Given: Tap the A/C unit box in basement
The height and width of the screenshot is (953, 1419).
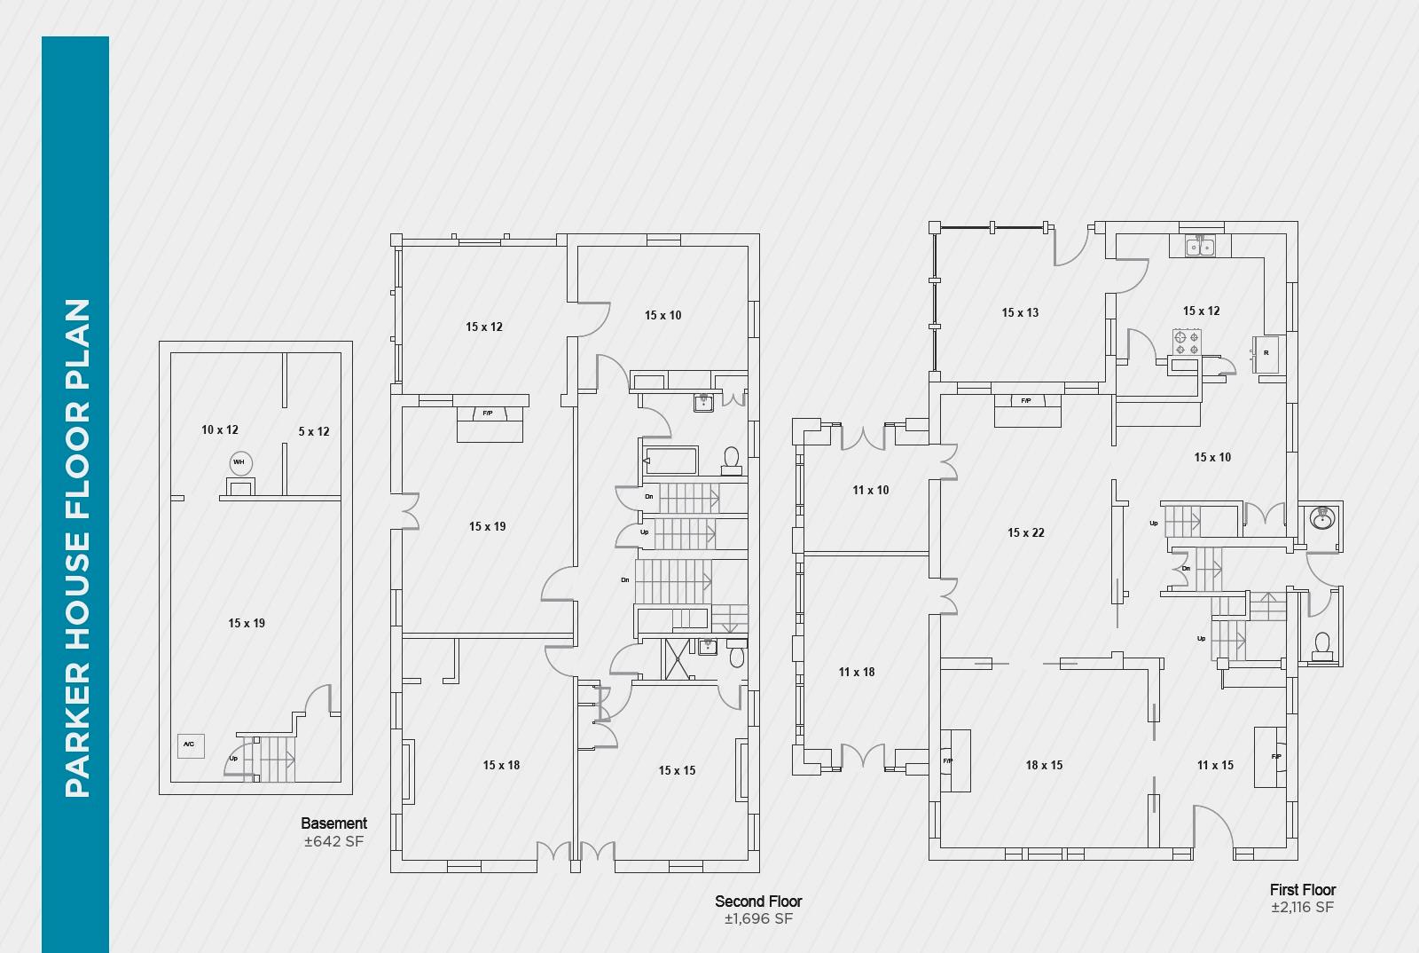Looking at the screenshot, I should pyautogui.click(x=190, y=744).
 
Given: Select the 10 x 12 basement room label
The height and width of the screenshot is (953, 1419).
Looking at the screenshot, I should pyautogui.click(x=220, y=429).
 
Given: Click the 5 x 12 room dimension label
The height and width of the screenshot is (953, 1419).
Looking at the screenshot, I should pyautogui.click(x=314, y=431).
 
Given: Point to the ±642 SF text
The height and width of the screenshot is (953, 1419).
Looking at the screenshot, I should pyautogui.click(x=333, y=841).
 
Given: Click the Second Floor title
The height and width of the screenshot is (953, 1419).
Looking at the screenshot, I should pyautogui.click(x=758, y=901).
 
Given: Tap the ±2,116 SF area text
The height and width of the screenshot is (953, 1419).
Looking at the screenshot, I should pyautogui.click(x=1302, y=907).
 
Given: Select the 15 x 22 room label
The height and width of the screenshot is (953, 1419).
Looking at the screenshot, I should pyautogui.click(x=1026, y=532).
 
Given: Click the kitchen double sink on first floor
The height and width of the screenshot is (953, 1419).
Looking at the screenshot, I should pyautogui.click(x=1200, y=246).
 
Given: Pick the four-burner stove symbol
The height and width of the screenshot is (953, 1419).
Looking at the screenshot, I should pyautogui.click(x=1186, y=343).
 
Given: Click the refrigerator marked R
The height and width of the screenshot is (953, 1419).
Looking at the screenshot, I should pyautogui.click(x=1266, y=353).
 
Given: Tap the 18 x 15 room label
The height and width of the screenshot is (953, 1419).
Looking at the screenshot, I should pyautogui.click(x=1044, y=765).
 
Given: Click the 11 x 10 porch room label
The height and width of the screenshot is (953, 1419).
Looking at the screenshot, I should pyautogui.click(x=871, y=490).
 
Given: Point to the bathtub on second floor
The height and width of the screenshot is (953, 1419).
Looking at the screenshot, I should pyautogui.click(x=671, y=461).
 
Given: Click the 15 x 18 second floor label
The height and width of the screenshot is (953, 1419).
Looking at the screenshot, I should pyautogui.click(x=502, y=765).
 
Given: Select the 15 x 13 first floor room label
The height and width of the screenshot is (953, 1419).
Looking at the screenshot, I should pyautogui.click(x=1020, y=312).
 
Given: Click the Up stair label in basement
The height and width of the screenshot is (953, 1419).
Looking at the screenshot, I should pyautogui.click(x=233, y=759).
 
